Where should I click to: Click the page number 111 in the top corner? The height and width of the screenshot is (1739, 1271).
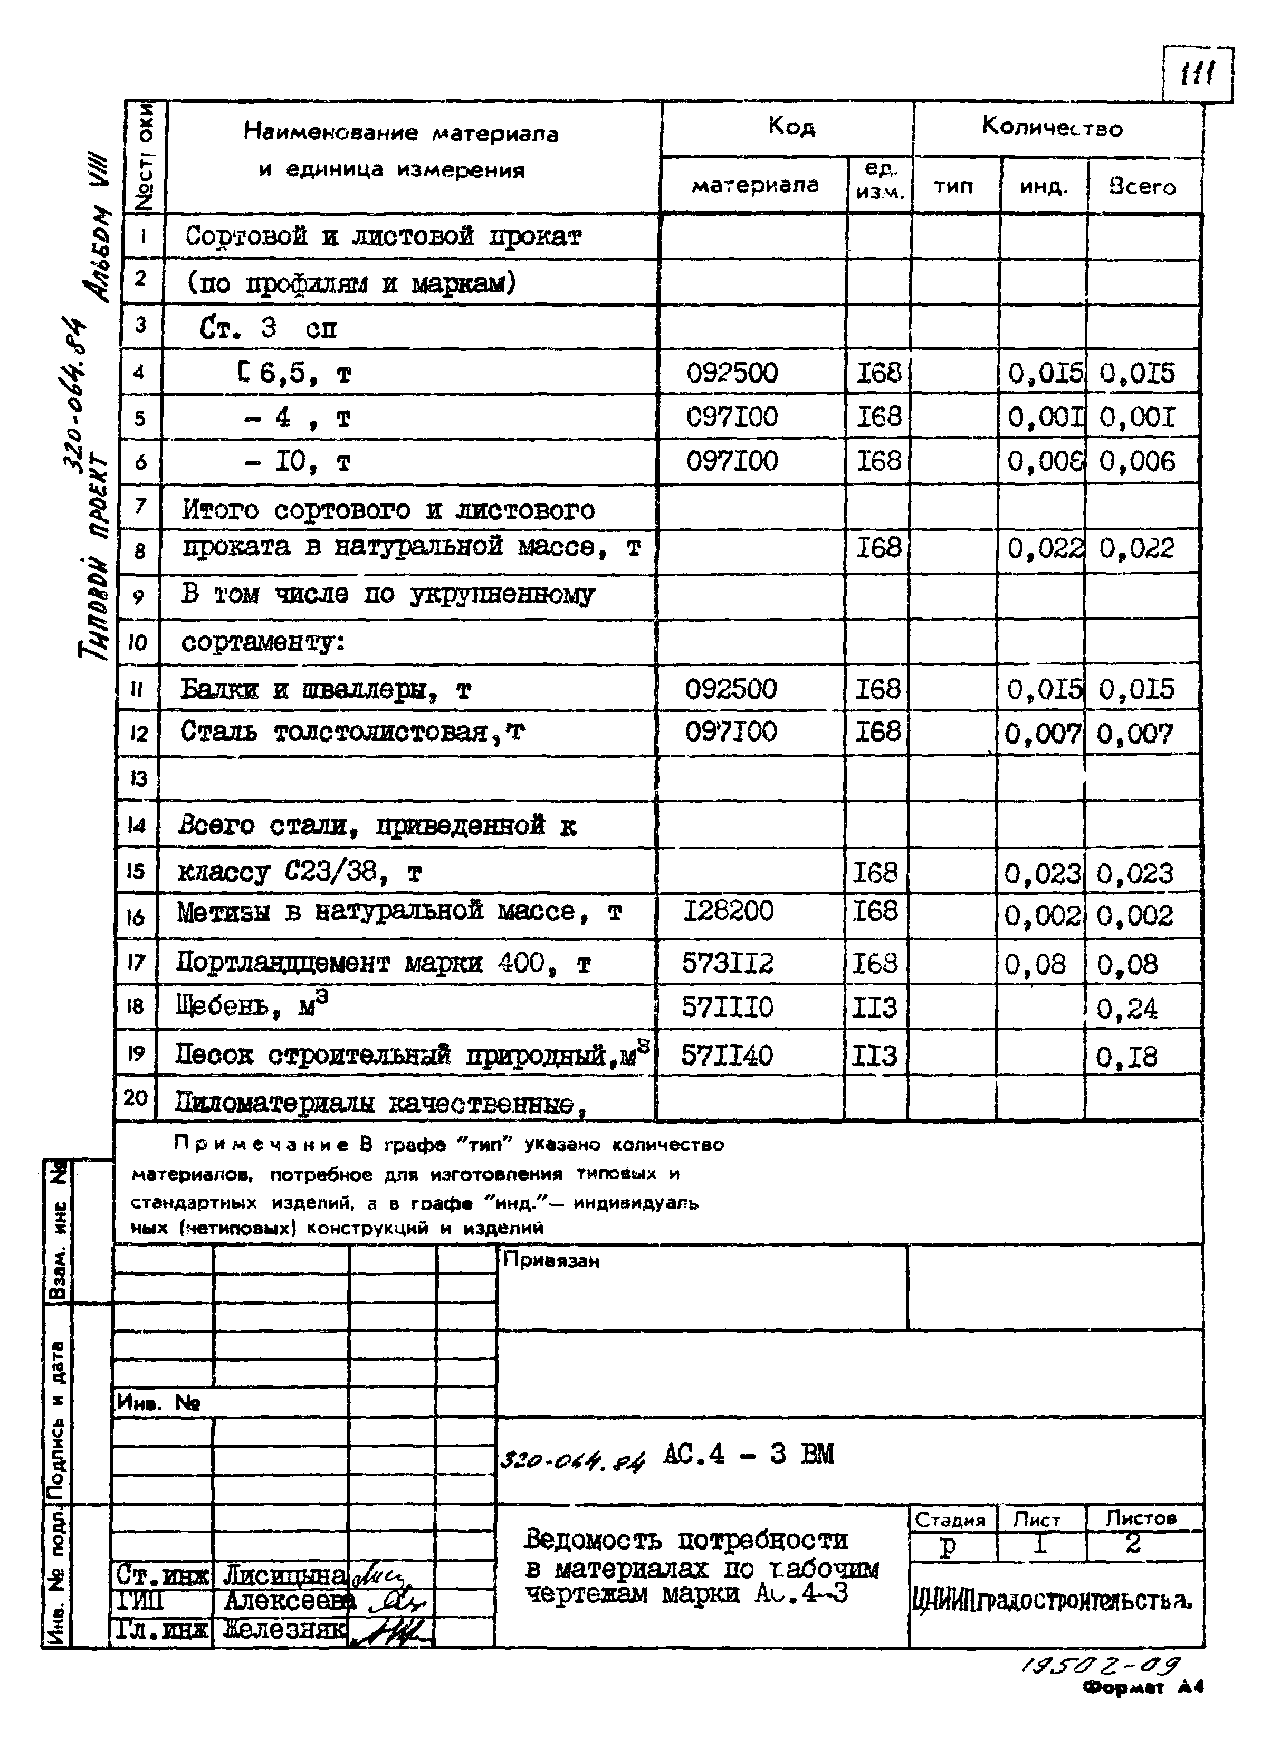pyautogui.click(x=1197, y=75)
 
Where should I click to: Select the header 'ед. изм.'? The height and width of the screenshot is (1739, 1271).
pyautogui.click(x=880, y=183)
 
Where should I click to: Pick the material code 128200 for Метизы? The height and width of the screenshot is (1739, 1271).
pyautogui.click(x=728, y=911)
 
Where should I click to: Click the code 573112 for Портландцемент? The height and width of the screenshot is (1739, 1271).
pyautogui.click(x=727, y=963)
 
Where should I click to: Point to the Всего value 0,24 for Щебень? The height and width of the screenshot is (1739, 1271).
pyautogui.click(x=1126, y=1009)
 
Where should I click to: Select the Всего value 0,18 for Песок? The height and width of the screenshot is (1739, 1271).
pyautogui.click(x=1126, y=1057)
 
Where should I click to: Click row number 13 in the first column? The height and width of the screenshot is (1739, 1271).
pyautogui.click(x=137, y=778)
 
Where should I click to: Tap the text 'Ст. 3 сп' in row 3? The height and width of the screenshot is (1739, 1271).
pyautogui.click(x=267, y=329)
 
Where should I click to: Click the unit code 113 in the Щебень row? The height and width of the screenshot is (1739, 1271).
pyautogui.click(x=875, y=1008)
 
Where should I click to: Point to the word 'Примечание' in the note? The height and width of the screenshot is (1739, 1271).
pyautogui.click(x=261, y=1144)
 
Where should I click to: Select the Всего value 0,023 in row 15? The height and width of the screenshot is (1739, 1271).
pyautogui.click(x=1135, y=873)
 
